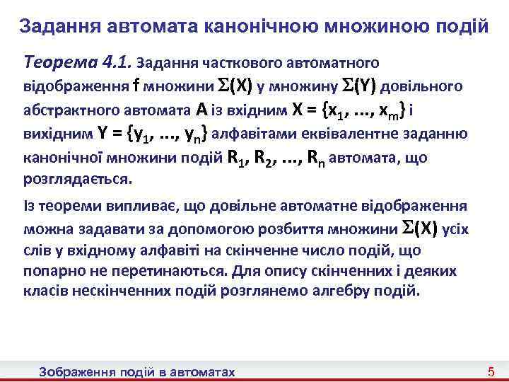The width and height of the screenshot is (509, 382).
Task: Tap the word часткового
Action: coord(247,64)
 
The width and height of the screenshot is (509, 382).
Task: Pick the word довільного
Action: coord(424,86)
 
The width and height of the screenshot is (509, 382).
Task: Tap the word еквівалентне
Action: coord(382,133)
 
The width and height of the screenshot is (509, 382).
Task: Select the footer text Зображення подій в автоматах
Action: coord(137,372)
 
